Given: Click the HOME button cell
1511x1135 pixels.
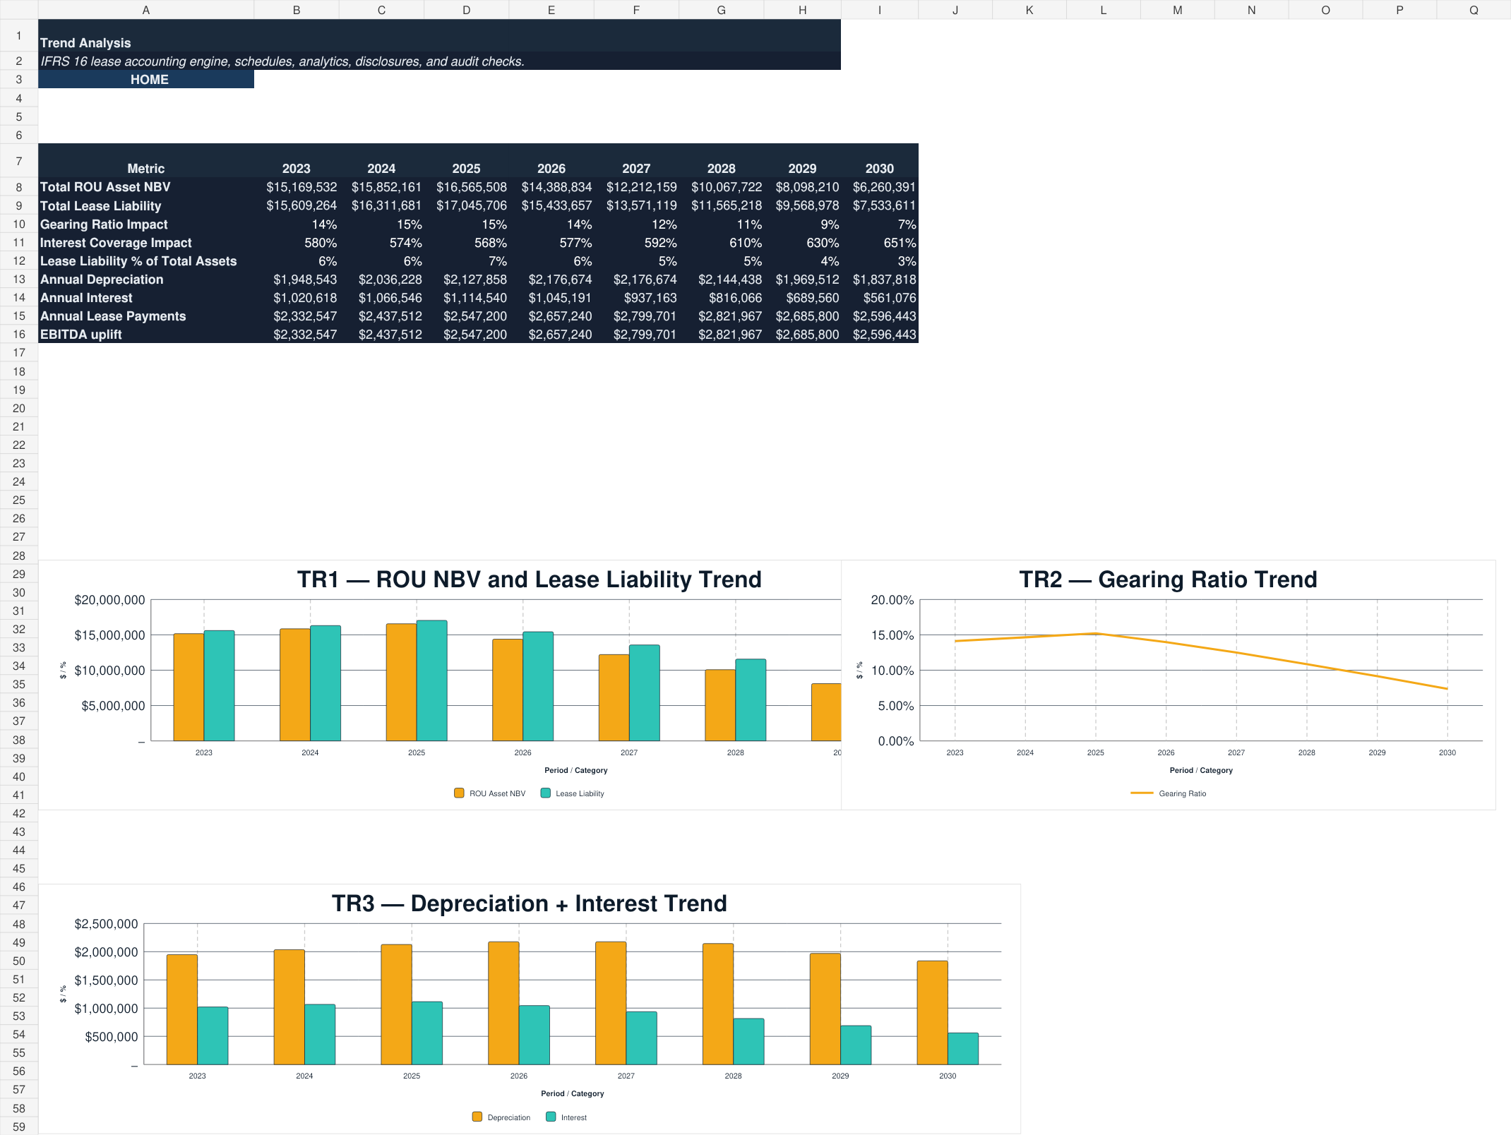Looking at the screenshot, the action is point(146,80).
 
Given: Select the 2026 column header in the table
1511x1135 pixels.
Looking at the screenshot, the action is point(551,169).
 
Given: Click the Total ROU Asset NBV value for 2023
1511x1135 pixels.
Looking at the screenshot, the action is point(301,187).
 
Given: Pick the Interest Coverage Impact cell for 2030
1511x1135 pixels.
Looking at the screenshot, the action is point(900,243).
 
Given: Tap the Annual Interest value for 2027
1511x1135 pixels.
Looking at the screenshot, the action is point(650,298).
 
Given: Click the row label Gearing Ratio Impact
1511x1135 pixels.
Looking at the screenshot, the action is point(104,224).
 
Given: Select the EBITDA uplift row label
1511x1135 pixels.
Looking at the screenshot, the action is point(81,335).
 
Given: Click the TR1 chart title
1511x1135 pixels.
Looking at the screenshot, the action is point(529,579).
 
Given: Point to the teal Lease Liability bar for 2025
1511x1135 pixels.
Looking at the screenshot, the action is point(431,680).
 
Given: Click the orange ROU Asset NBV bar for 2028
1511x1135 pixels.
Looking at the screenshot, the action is point(720,705).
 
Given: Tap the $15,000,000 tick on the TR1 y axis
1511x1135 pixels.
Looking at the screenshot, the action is point(109,635).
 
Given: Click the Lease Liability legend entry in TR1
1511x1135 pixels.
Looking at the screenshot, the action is point(573,793).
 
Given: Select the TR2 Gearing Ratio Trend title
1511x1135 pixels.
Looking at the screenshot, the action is point(1168,579).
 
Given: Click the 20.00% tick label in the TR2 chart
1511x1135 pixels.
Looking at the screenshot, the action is point(892,600).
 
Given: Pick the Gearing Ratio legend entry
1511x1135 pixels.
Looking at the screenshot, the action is point(1169,793).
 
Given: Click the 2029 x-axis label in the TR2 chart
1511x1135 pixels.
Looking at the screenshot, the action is point(1377,752).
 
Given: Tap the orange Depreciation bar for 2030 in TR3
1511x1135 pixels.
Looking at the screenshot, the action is point(932,1012).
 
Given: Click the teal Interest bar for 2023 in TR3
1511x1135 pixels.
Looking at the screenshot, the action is point(213,1035).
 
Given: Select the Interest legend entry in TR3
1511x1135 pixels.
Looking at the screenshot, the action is point(567,1117).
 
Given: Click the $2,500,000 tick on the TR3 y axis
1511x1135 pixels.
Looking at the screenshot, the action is point(106,924).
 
